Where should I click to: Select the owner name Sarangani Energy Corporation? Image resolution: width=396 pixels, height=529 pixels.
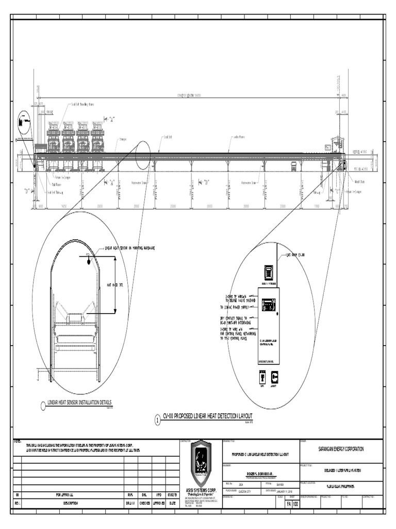(341, 449)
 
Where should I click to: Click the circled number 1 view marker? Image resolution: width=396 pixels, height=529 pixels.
(158, 421)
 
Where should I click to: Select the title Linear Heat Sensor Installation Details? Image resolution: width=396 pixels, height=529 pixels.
(79, 403)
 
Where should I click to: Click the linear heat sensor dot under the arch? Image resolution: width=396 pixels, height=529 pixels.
(89, 261)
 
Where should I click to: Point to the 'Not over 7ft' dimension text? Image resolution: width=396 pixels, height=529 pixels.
(114, 285)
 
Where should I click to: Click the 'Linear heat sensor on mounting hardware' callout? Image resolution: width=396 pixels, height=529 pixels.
(129, 248)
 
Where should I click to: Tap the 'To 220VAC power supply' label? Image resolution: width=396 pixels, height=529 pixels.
(238, 307)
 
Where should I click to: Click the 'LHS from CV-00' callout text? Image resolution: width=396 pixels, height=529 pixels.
(295, 255)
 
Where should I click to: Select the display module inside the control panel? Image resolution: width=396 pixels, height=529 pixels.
(269, 305)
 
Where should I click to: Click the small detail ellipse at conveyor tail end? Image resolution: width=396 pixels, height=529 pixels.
(24, 123)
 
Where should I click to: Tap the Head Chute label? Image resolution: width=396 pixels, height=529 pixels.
(359, 182)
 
